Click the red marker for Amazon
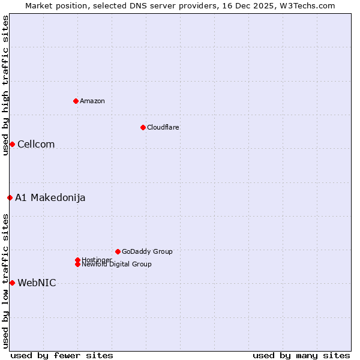(x=76, y=101)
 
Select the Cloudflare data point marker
(x=143, y=127)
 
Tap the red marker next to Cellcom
(x=12, y=144)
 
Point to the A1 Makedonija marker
(x=10, y=197)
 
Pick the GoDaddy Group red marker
(x=118, y=251)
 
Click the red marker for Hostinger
(x=77, y=260)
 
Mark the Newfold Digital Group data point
(x=77, y=264)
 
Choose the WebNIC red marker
(x=12, y=283)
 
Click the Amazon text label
(x=92, y=101)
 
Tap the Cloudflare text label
(x=163, y=127)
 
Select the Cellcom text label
(x=36, y=144)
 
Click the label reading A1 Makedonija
(x=50, y=197)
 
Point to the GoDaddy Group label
(x=147, y=251)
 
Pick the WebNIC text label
(x=37, y=283)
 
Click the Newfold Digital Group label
(x=117, y=265)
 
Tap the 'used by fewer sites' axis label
(x=62, y=355)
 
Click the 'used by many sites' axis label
(x=301, y=355)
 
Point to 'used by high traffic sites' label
(x=5, y=85)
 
